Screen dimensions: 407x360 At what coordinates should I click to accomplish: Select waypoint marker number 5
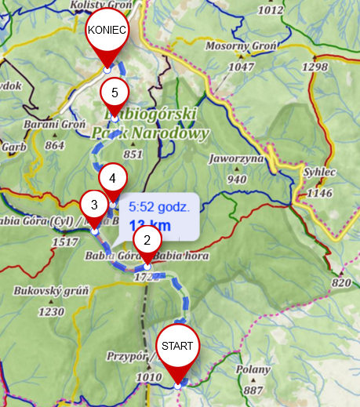click(x=115, y=93)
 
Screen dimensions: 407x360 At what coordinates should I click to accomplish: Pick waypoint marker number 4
click(x=112, y=178)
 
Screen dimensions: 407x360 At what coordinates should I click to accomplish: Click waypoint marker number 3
click(x=94, y=205)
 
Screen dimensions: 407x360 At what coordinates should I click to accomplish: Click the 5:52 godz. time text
click(x=159, y=208)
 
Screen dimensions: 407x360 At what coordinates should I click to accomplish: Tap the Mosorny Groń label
click(x=242, y=46)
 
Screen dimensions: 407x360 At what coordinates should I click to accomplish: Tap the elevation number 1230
click(x=51, y=311)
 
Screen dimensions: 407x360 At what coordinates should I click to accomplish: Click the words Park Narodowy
click(x=150, y=133)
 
